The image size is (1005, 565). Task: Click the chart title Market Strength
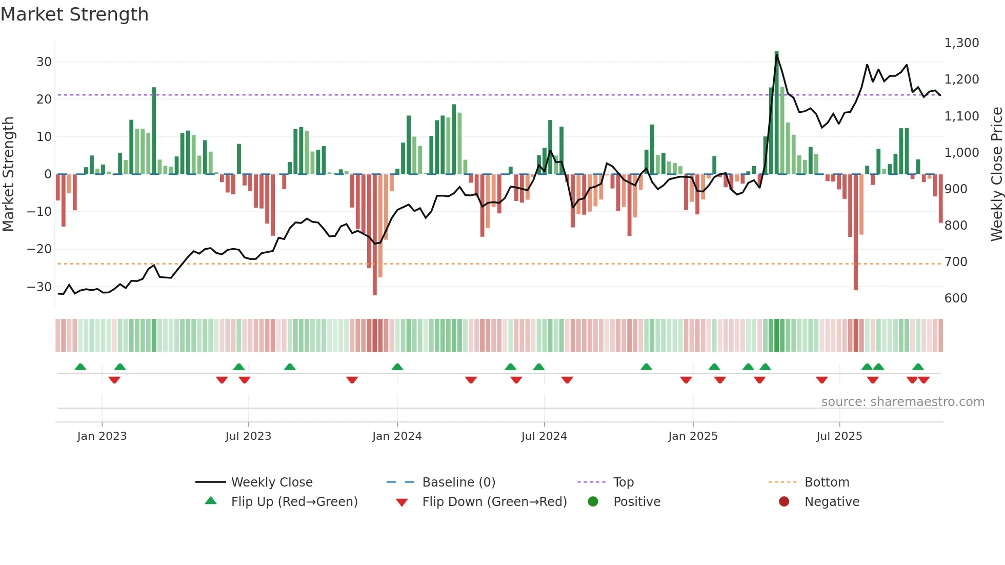[74, 14]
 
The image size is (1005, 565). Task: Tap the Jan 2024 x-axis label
[397, 436]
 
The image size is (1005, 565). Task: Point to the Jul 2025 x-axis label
[839, 436]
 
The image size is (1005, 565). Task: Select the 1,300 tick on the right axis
[961, 43]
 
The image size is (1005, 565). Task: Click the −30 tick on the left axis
[39, 287]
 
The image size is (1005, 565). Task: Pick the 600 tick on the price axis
[956, 298]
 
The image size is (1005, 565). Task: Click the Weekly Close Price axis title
[996, 174]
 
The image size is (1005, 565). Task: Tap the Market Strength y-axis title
[8, 174]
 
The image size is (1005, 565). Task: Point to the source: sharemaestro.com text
[902, 402]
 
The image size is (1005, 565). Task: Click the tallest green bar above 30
[776, 113]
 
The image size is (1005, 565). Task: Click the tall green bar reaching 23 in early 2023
[154, 131]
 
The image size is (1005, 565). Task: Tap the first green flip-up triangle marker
[81, 367]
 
